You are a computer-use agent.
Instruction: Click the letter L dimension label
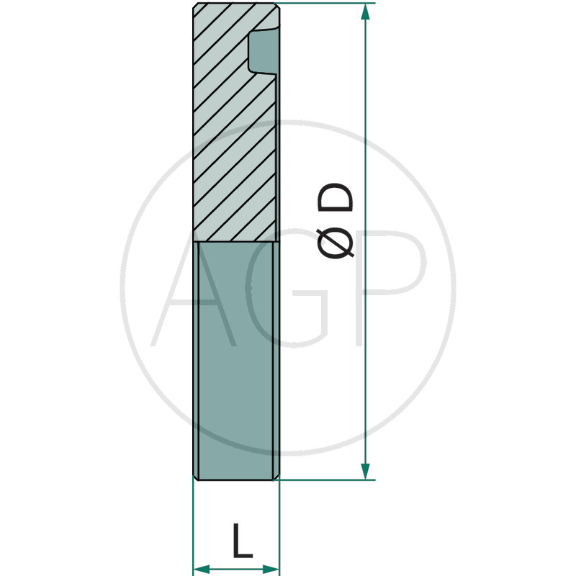tap(243, 541)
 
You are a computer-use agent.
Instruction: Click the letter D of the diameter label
tap(336, 198)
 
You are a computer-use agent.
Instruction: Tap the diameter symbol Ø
tap(335, 243)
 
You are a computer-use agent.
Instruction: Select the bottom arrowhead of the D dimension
tap(365, 472)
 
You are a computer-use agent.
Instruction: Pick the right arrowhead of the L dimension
tap(271, 570)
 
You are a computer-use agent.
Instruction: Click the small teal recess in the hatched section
tap(264, 51)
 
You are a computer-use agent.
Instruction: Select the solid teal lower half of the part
tap(236, 361)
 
